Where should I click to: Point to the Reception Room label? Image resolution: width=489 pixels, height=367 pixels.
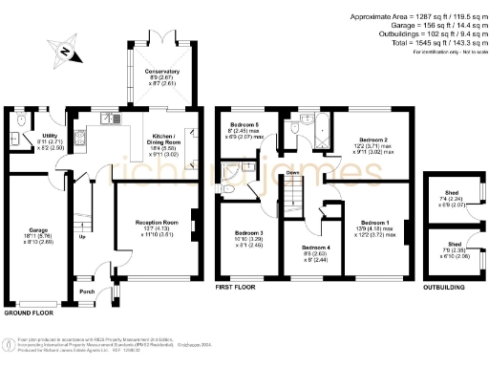pyautogui.click(x=158, y=222)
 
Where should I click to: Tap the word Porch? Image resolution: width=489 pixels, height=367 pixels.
pyautogui.click(x=87, y=291)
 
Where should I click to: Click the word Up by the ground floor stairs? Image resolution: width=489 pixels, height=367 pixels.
pyautogui.click(x=82, y=237)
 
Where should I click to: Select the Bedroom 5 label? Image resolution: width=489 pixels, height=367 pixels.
pyautogui.click(x=245, y=125)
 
